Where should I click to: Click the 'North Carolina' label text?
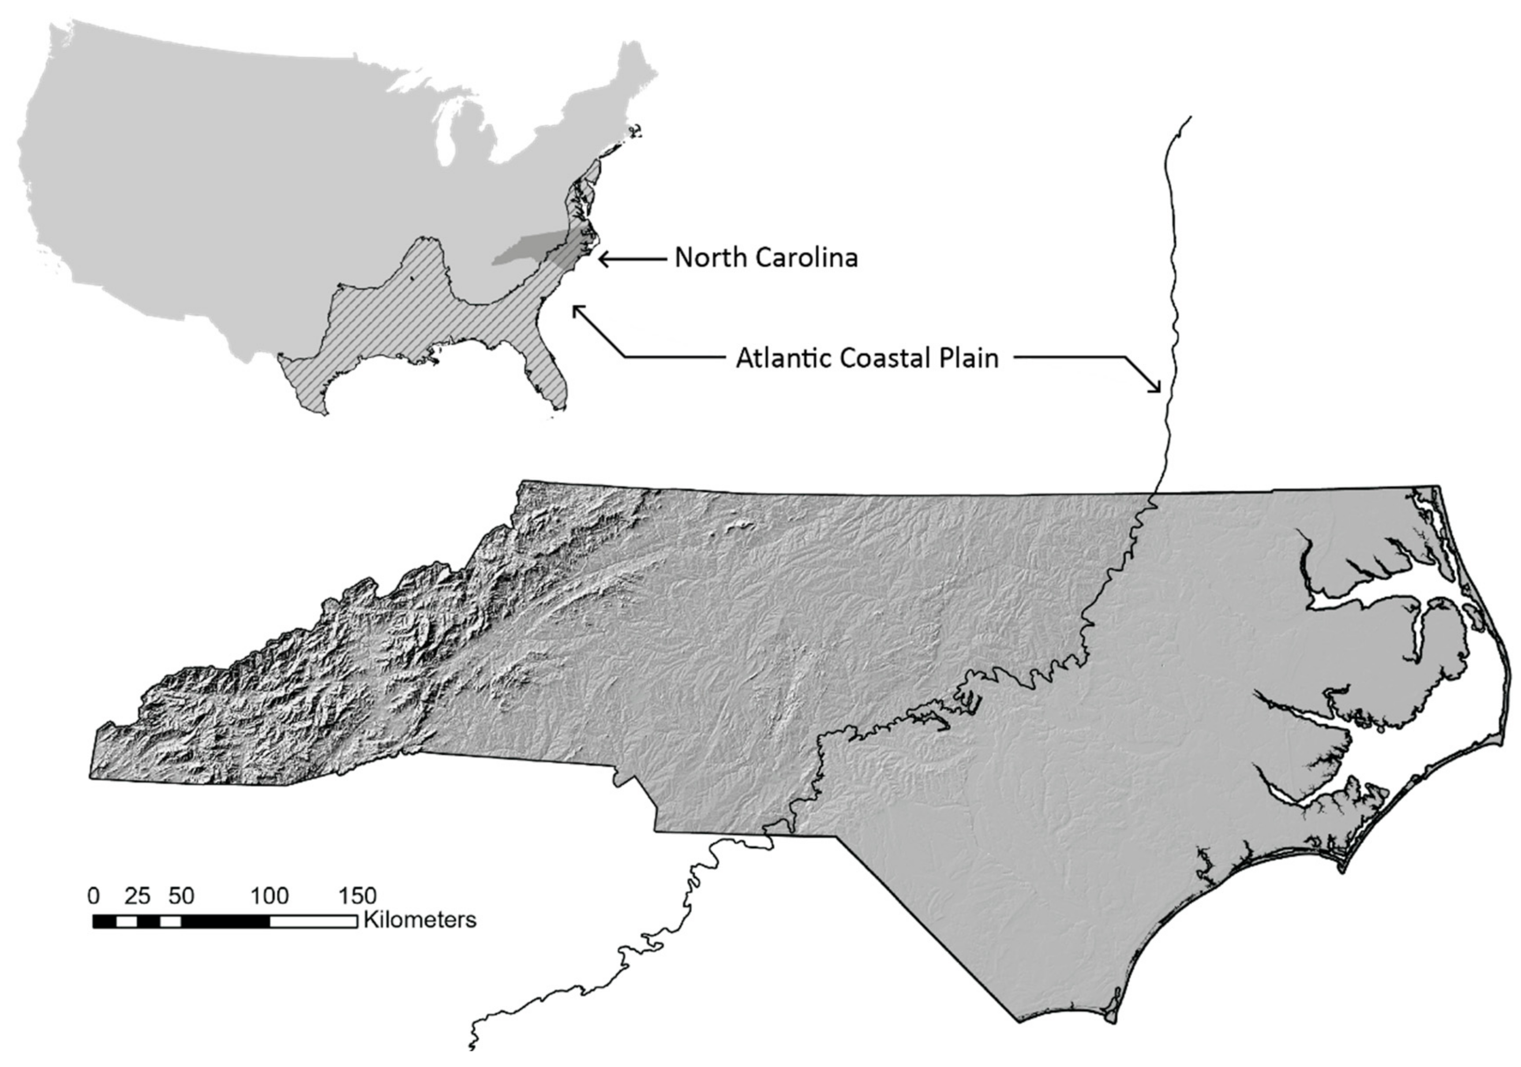pos(766,257)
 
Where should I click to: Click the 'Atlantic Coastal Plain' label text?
pos(866,358)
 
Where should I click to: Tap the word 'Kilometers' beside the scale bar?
pos(419,920)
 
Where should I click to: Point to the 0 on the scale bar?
pos(94,896)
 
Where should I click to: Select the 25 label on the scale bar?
pos(137,896)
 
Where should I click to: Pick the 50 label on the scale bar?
pos(181,896)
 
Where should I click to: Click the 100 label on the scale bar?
pos(269,896)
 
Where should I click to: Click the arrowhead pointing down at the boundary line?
pos(1158,389)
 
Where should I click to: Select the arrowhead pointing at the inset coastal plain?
pos(577,308)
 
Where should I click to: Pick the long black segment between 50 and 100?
pos(225,921)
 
